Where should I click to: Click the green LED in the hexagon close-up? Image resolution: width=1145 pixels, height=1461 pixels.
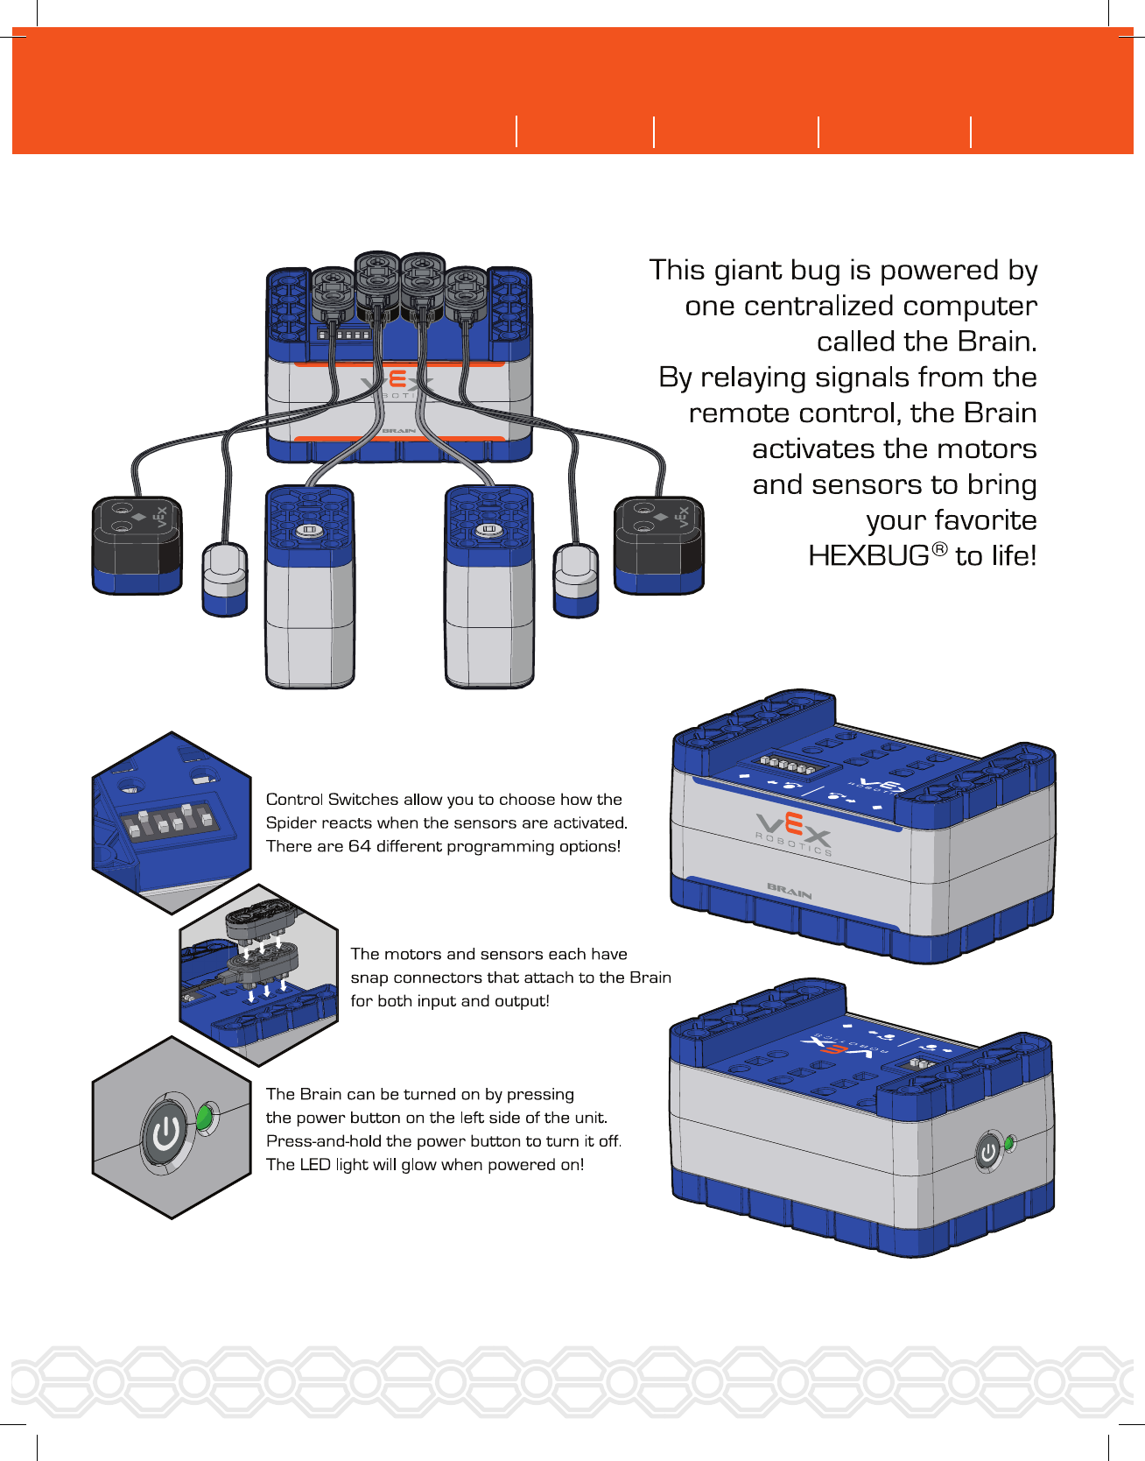coord(204,1117)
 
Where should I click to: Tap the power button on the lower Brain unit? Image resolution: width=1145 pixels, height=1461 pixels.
coord(988,1152)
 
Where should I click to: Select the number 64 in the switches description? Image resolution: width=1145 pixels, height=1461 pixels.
coord(360,846)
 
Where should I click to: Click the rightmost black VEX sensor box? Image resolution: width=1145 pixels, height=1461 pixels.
coord(659,544)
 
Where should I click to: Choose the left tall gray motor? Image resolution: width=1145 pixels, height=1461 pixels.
coord(310,587)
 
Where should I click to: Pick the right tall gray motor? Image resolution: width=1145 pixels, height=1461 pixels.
coord(489,587)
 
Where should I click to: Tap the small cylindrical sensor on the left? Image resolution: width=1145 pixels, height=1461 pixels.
coord(225,578)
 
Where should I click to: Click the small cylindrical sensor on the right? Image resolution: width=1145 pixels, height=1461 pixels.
coord(576,579)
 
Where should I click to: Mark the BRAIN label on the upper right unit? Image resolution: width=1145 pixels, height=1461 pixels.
coord(790,892)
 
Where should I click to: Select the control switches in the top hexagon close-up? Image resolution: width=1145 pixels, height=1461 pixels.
coord(170,822)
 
